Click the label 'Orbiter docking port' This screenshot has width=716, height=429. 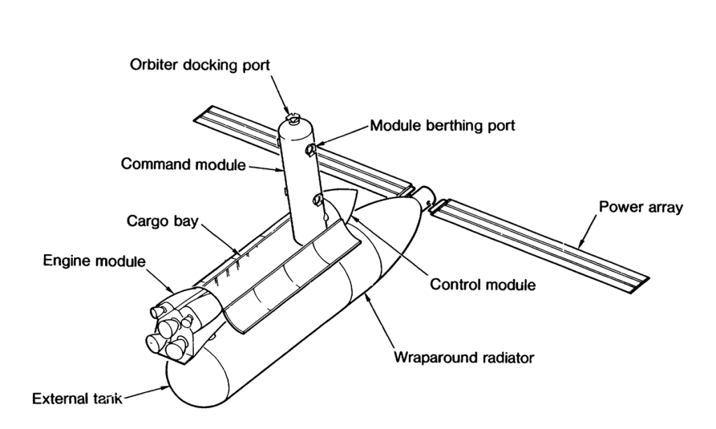coord(202,65)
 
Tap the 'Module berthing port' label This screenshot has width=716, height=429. coord(442,126)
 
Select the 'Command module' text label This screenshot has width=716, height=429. coord(183,164)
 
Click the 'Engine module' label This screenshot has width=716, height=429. coord(94,262)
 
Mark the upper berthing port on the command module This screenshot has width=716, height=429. coord(311,148)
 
